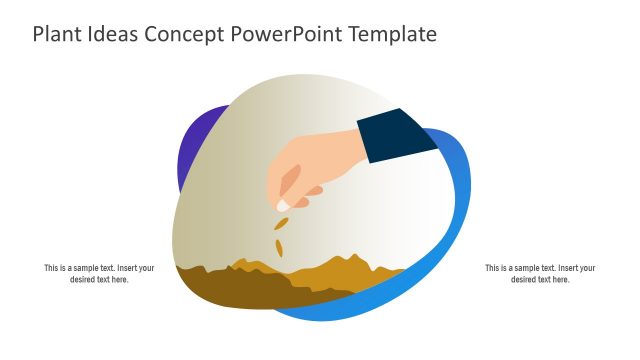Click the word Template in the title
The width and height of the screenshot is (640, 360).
point(391,35)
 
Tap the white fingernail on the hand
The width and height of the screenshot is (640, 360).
point(283,205)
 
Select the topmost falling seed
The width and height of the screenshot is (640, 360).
point(282,221)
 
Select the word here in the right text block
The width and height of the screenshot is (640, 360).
point(561,279)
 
